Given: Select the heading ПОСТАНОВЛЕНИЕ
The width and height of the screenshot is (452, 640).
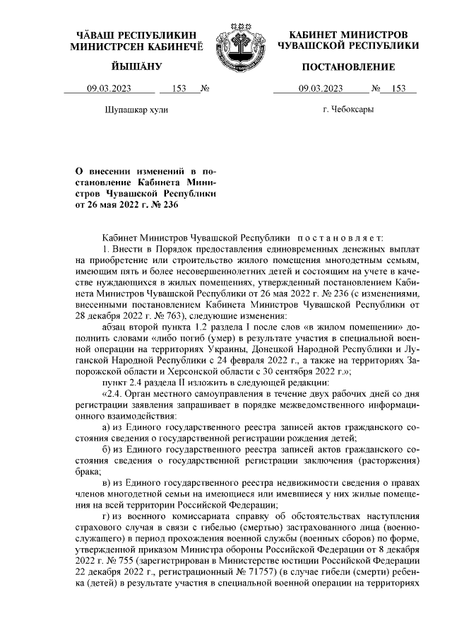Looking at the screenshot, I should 348,67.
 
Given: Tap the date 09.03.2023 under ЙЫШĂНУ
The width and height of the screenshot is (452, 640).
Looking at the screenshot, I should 109,89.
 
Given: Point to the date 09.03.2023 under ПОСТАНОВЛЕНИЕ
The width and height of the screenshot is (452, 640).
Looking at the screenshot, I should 321,89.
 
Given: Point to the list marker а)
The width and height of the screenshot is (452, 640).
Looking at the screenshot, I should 106,427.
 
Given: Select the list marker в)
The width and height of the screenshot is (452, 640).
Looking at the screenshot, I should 106,482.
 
